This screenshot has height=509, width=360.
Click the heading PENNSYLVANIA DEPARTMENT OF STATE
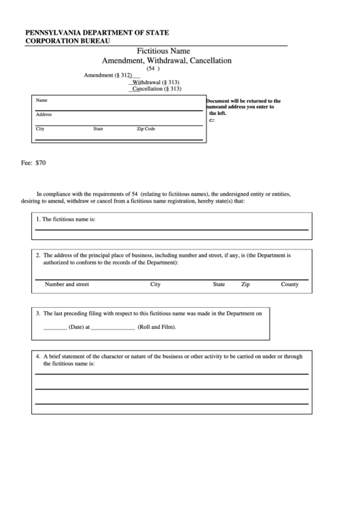click(x=97, y=32)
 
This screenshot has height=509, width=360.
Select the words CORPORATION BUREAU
click(x=68, y=41)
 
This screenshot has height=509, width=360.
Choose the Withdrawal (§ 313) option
click(x=156, y=82)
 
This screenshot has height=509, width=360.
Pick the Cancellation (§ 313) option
click(x=157, y=88)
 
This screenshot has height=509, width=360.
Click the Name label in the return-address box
click(x=41, y=100)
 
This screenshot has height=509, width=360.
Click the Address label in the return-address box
click(x=43, y=114)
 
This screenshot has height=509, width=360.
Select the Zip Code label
click(x=146, y=128)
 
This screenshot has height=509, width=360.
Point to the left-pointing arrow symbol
click(x=211, y=120)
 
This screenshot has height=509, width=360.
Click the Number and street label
click(x=67, y=284)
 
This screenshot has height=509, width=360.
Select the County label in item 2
click(x=290, y=284)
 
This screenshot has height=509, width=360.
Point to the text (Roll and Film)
click(x=157, y=327)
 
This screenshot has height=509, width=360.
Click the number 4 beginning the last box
click(x=37, y=356)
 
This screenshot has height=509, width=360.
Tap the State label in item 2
click(x=219, y=284)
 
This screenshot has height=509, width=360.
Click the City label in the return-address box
click(x=40, y=128)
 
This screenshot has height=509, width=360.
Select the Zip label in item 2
click(x=245, y=284)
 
